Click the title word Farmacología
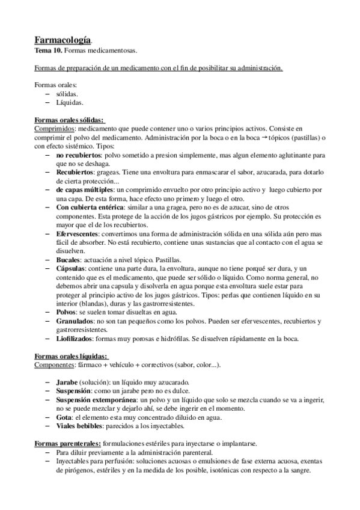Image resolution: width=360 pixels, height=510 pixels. tap(63, 40)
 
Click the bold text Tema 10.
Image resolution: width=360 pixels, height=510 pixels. tap(48, 51)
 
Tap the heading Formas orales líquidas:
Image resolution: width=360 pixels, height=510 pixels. tap(71, 356)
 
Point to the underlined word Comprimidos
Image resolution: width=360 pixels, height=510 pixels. tap(55, 129)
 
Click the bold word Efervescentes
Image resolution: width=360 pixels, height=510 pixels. tap(77, 232)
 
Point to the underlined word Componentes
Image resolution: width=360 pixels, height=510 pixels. tap(55, 364)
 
